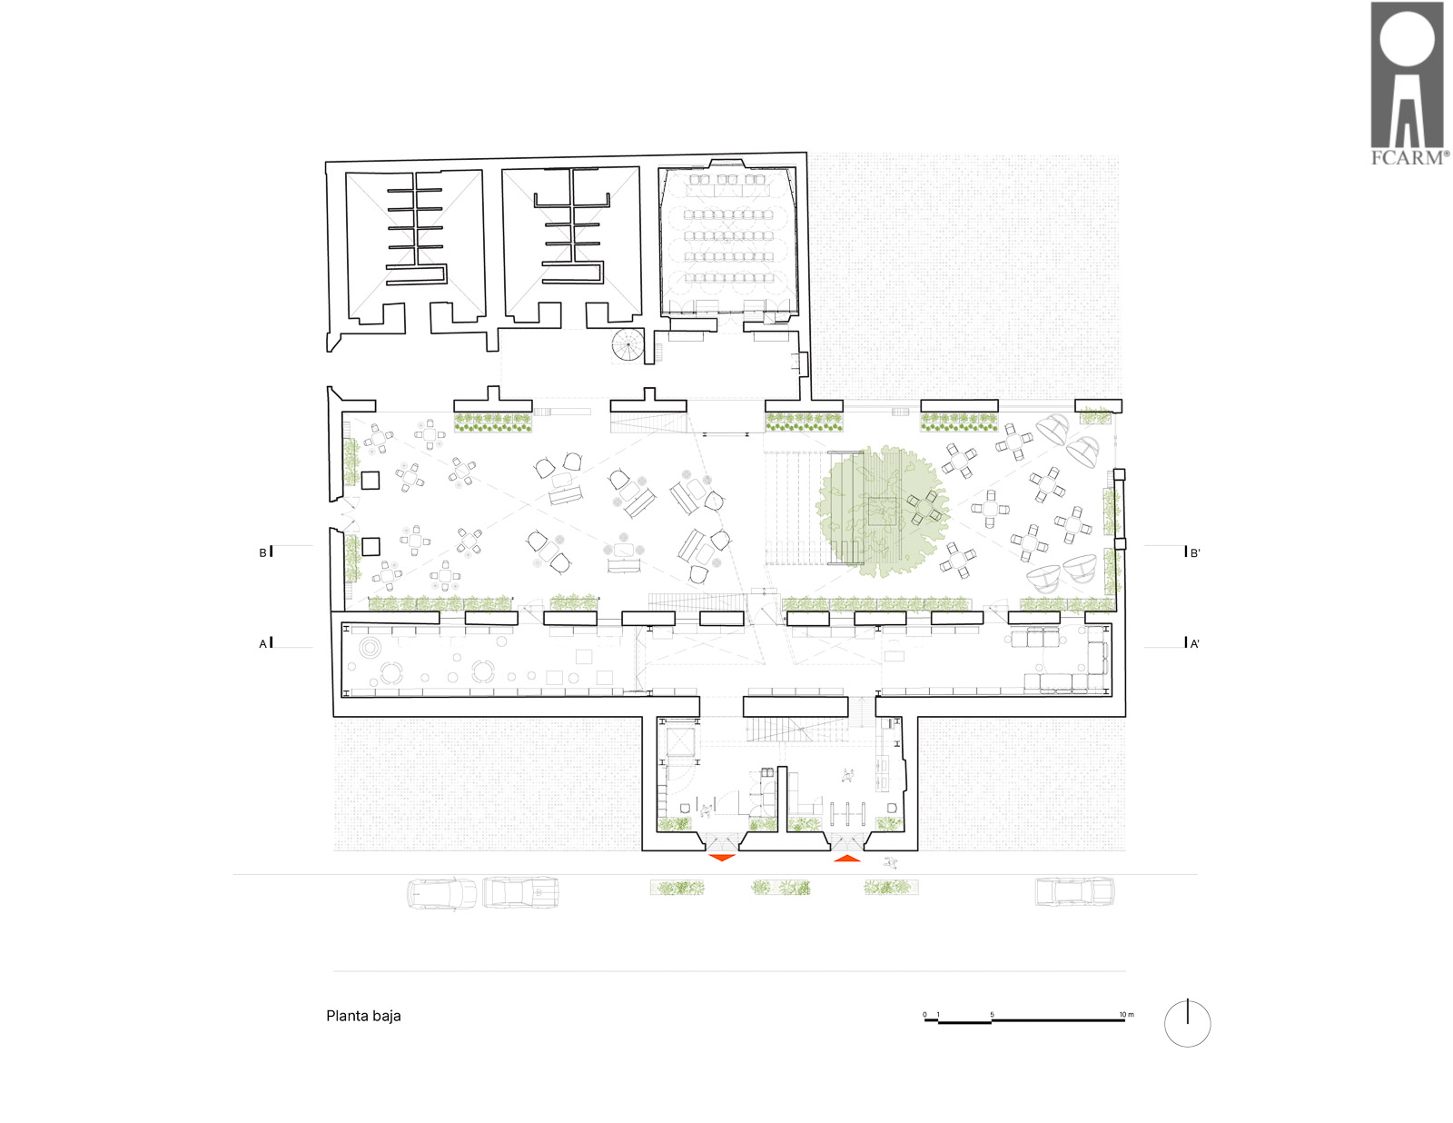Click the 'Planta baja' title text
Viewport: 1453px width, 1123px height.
[363, 1015]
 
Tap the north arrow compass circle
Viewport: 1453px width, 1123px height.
[1187, 1023]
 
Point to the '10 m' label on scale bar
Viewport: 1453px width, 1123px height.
[1127, 1015]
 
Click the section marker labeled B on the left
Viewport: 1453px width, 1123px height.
[265, 552]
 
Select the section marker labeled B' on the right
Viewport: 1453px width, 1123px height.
[1192, 552]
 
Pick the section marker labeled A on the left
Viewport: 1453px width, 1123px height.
[265, 643]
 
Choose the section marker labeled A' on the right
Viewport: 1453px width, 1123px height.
[1192, 643]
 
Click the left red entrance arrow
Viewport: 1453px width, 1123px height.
[722, 858]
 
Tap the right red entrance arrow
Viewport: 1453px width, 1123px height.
[846, 858]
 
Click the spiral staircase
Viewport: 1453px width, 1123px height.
[628, 346]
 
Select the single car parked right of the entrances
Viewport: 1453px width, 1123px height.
[1074, 891]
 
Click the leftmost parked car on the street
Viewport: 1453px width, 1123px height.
[441, 893]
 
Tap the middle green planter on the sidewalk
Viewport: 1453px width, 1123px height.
[780, 888]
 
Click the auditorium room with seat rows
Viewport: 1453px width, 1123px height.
[729, 241]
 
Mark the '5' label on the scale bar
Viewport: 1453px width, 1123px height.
[992, 1015]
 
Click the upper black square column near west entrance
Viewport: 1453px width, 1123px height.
[371, 481]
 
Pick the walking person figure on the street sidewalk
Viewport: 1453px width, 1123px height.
[890, 862]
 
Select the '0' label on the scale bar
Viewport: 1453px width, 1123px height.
[924, 1015]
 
